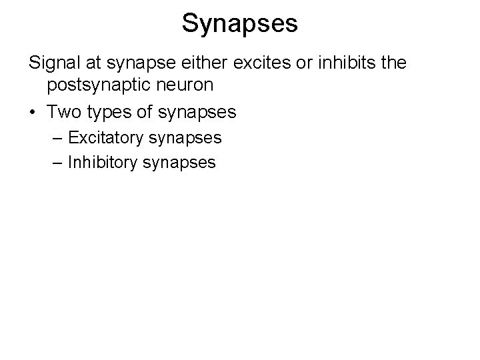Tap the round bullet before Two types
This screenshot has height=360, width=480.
(x=33, y=111)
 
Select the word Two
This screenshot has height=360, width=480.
(x=64, y=111)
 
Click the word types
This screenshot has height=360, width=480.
(x=108, y=112)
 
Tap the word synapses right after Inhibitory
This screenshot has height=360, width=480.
(x=180, y=163)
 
